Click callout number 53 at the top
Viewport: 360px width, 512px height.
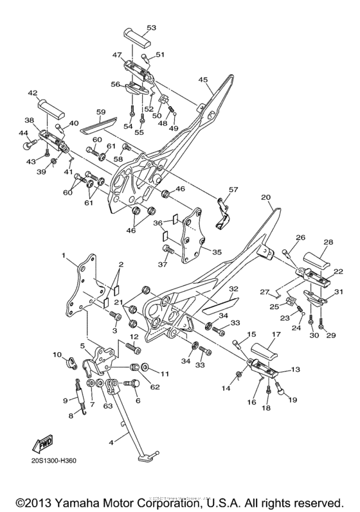152,28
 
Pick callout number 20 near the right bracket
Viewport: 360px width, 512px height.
267,197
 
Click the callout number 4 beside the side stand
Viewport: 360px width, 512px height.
112,442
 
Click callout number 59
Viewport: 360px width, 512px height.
101,111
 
